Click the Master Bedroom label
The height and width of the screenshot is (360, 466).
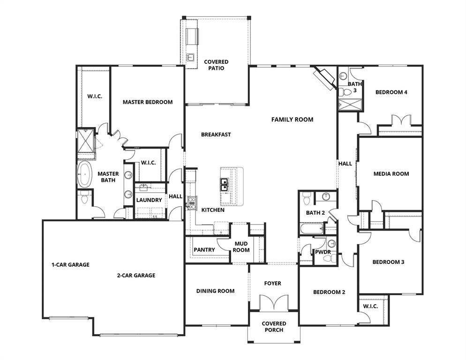(x=148, y=102)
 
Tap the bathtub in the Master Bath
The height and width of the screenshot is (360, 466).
(x=84, y=174)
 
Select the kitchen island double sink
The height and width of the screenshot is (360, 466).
(x=224, y=185)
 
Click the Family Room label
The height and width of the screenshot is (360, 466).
(x=292, y=120)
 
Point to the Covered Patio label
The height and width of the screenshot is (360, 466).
(x=216, y=65)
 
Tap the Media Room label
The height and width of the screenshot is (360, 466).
(x=391, y=173)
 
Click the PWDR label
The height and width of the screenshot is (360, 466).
(x=323, y=252)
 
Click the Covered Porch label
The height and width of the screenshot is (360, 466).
(x=274, y=327)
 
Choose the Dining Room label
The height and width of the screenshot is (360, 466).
(x=215, y=291)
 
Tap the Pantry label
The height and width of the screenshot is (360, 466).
(x=204, y=250)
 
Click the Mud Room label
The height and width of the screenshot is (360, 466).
(x=241, y=247)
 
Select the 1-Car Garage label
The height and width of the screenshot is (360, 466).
(x=70, y=264)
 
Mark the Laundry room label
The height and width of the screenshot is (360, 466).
(x=149, y=200)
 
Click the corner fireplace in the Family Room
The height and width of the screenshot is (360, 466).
(x=326, y=78)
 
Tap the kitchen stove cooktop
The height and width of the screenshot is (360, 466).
(x=192, y=202)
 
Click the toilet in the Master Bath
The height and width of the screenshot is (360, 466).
(x=85, y=197)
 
